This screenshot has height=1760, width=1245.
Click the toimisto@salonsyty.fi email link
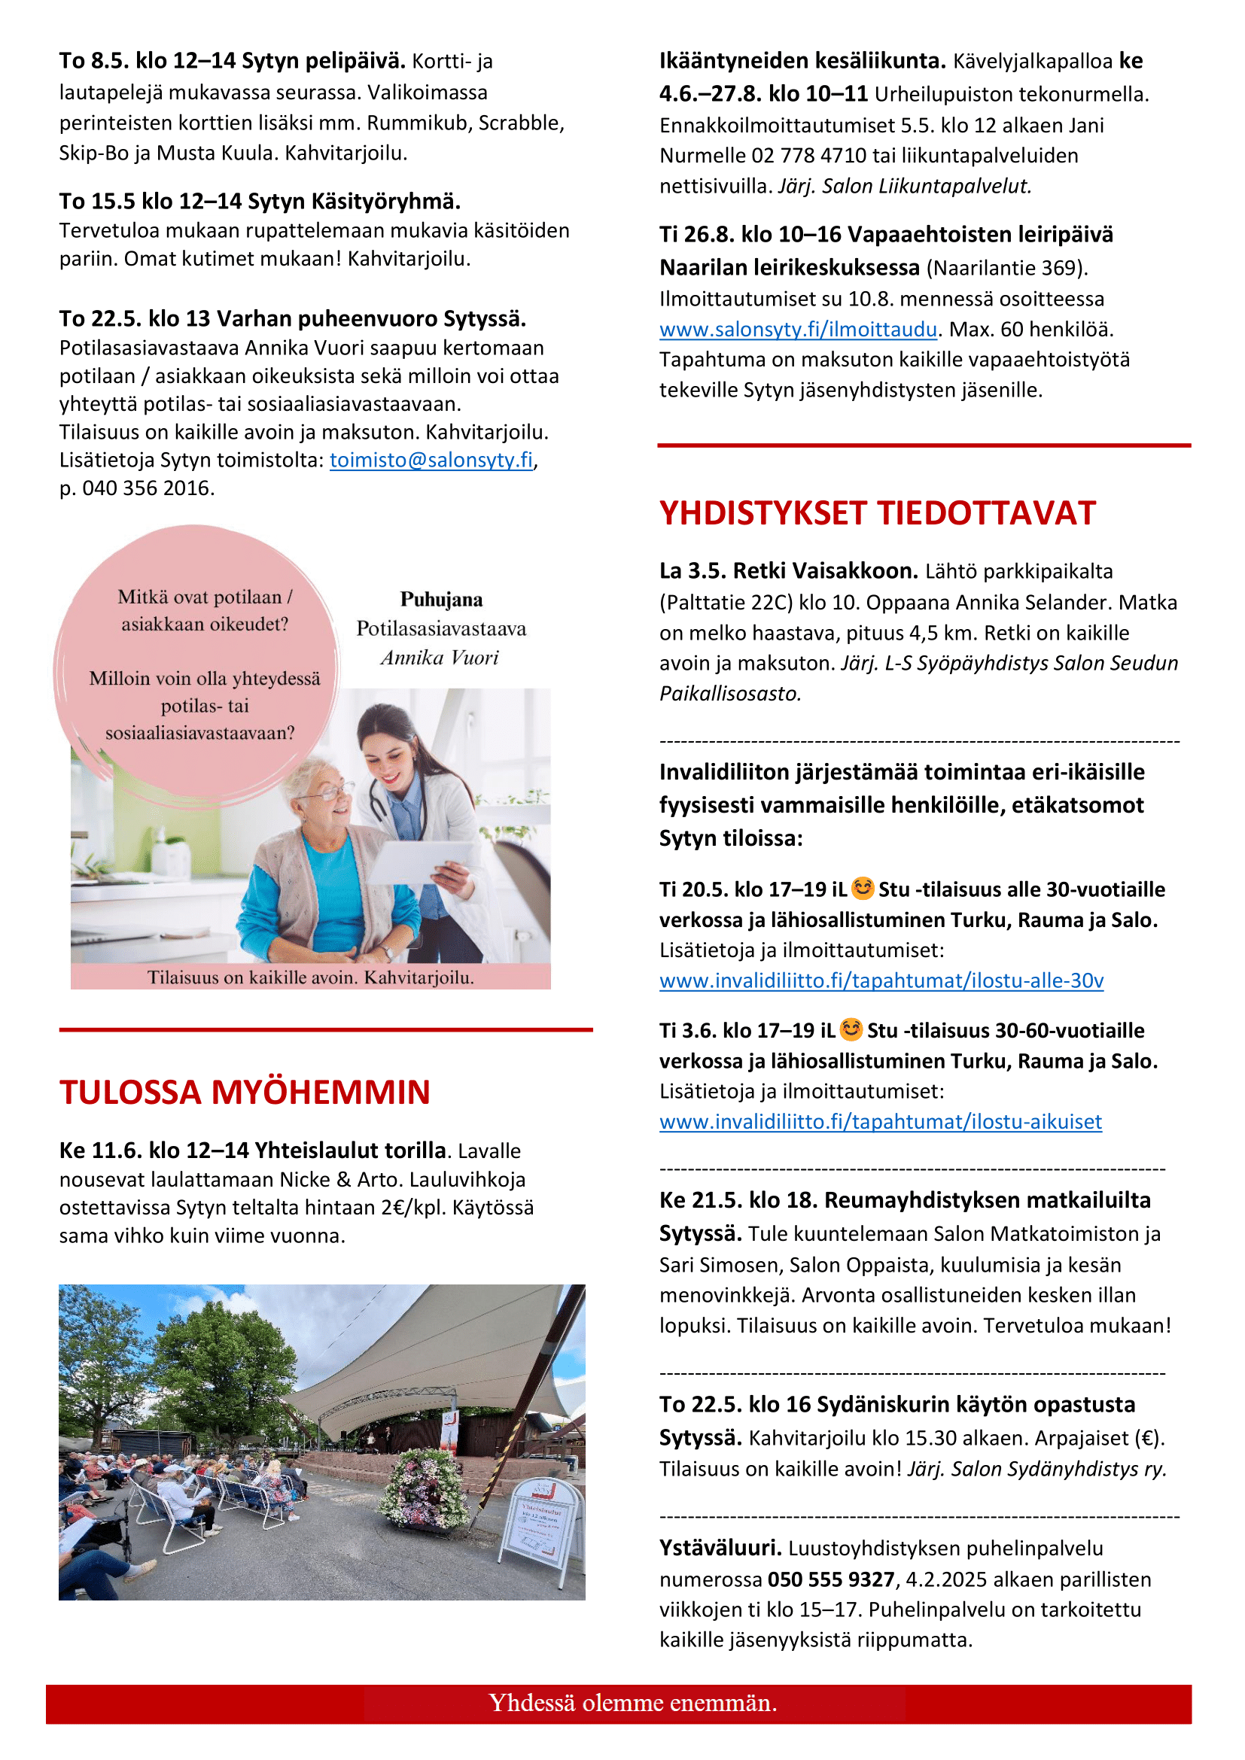(x=431, y=460)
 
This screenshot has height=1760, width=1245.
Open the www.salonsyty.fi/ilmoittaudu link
(x=797, y=330)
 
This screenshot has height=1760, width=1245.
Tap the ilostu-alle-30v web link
(x=881, y=980)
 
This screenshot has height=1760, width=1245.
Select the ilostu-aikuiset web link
(x=880, y=1121)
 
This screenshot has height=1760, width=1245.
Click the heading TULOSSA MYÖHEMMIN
(x=245, y=1093)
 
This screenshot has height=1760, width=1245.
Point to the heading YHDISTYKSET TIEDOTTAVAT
(x=877, y=513)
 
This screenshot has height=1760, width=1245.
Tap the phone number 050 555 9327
(x=831, y=1579)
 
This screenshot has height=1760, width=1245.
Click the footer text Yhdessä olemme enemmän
(x=632, y=1703)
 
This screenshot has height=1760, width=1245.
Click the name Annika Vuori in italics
(x=440, y=658)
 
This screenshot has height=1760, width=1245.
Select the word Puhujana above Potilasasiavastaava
(x=441, y=600)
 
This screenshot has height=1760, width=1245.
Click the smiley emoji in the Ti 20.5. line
(x=863, y=888)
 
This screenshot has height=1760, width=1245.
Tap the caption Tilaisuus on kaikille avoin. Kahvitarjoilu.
(x=309, y=977)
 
